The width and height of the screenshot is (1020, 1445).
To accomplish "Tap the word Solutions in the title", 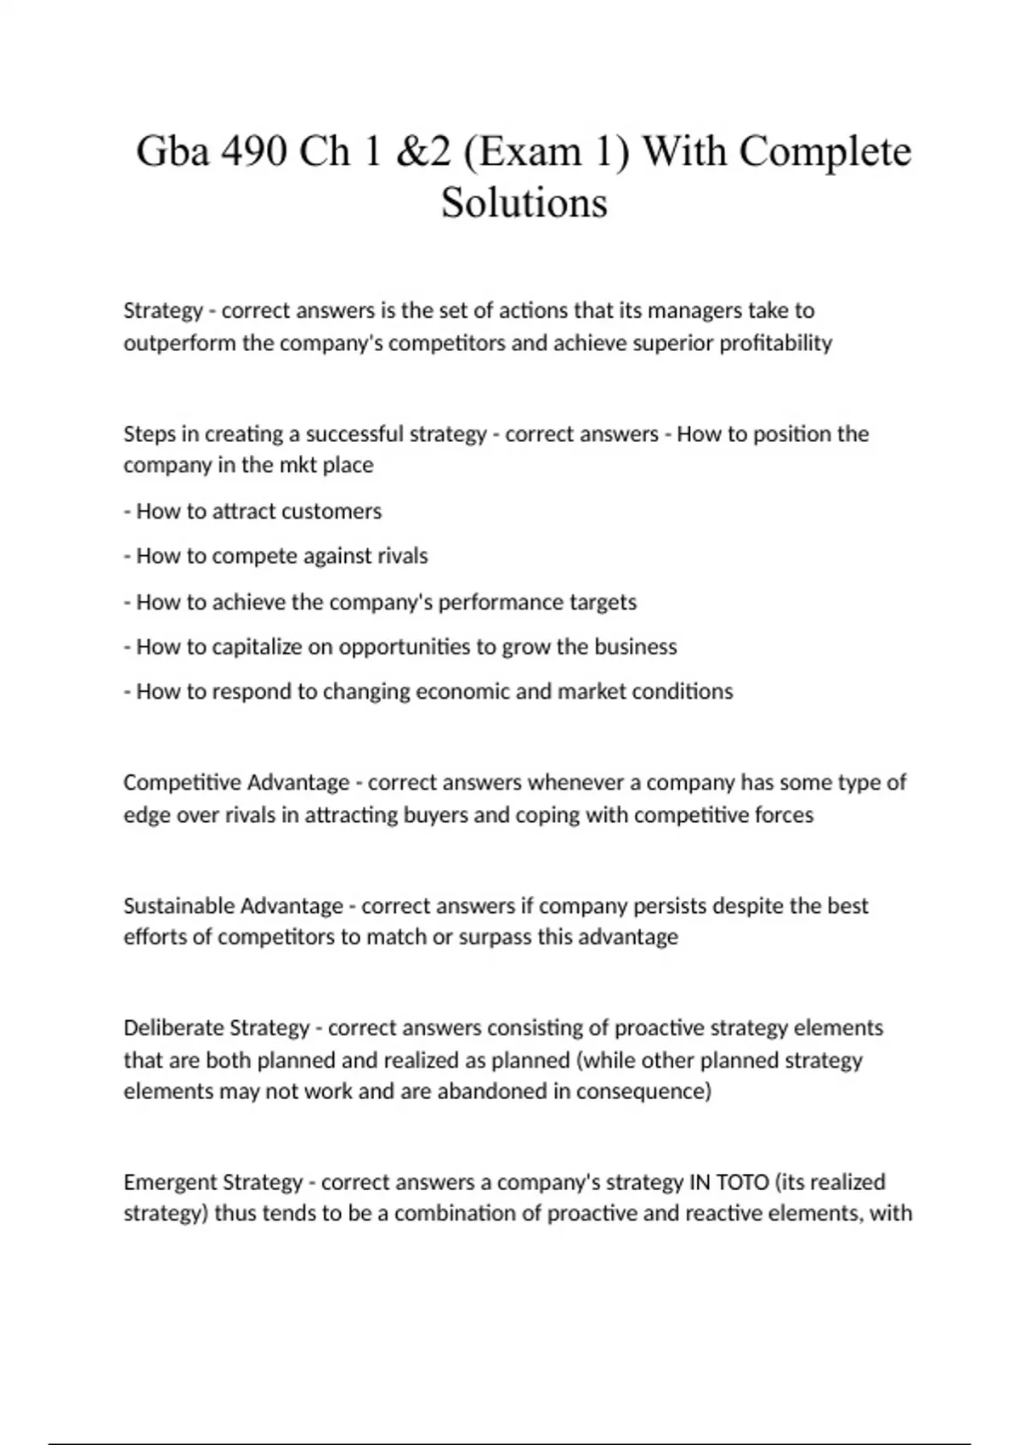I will (524, 202).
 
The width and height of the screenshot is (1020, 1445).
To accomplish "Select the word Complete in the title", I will (824, 152).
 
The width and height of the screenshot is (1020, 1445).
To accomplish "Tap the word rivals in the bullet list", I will (403, 556).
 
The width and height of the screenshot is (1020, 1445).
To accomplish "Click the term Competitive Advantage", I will (236, 782).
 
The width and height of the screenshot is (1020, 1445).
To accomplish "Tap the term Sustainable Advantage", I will (233, 905).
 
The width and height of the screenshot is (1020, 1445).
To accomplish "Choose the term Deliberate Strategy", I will (216, 1028).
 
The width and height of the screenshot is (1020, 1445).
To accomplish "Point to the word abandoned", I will (492, 1091).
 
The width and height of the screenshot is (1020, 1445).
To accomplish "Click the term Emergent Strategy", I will (212, 1181).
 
